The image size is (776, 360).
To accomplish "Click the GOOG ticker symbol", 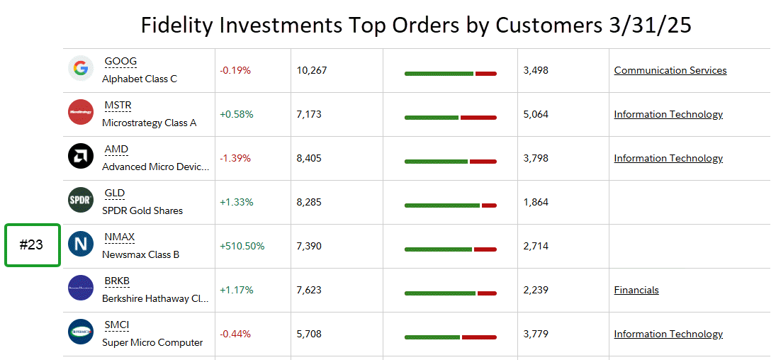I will (120, 62).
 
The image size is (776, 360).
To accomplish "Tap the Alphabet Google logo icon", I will (81, 69).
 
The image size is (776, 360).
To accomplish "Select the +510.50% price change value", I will (242, 246).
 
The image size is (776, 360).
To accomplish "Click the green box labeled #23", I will (33, 245).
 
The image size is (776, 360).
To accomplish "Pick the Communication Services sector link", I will (670, 70).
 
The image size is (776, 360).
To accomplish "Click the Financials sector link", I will (636, 290).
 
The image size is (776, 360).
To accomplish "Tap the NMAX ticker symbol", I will (120, 237).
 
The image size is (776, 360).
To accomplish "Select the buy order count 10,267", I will (312, 70).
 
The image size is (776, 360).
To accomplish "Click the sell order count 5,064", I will (536, 114).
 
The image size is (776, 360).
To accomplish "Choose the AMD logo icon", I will (81, 156).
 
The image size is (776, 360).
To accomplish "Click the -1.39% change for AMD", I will (235, 158).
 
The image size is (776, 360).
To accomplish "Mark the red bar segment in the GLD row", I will (489, 206).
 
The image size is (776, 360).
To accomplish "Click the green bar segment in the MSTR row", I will (432, 118).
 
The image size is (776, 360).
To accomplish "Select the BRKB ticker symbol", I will (117, 281).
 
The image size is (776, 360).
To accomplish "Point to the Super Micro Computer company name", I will (152, 342).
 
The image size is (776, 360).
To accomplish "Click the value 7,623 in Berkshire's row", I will (309, 290).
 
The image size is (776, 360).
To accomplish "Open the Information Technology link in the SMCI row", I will (668, 334).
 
